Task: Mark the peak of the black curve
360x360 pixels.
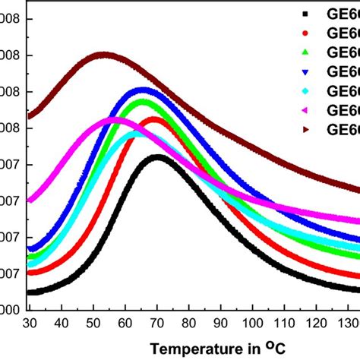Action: click(x=157, y=157)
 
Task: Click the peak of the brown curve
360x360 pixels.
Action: click(x=103, y=55)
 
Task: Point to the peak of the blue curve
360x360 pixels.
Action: click(x=143, y=90)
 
